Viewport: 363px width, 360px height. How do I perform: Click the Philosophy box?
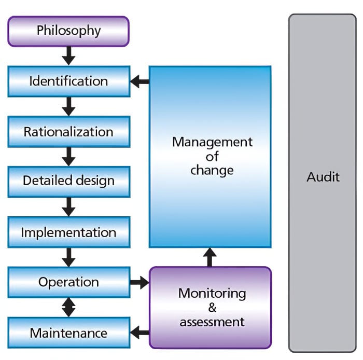68,31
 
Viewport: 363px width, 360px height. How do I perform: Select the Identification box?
68,81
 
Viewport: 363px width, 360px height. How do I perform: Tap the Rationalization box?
68,132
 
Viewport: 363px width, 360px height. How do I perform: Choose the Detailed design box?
68,181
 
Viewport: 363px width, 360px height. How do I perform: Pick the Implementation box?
68,232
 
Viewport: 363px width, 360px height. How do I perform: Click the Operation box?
68,283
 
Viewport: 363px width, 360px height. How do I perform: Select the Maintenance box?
68,333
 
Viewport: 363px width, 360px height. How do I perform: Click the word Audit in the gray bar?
323,177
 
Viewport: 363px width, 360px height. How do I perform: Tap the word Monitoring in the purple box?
212,293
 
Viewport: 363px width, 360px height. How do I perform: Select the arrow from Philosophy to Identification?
68,55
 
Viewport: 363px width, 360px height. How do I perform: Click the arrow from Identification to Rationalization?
68,106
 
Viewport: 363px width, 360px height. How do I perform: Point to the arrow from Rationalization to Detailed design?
68,156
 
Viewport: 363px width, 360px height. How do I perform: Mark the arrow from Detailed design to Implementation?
68,206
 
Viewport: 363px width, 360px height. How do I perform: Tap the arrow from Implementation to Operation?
68,257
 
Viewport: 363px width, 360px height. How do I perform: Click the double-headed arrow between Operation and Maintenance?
68,308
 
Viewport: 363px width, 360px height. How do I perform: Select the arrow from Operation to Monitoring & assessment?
139,283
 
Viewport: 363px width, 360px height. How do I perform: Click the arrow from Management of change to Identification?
139,81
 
